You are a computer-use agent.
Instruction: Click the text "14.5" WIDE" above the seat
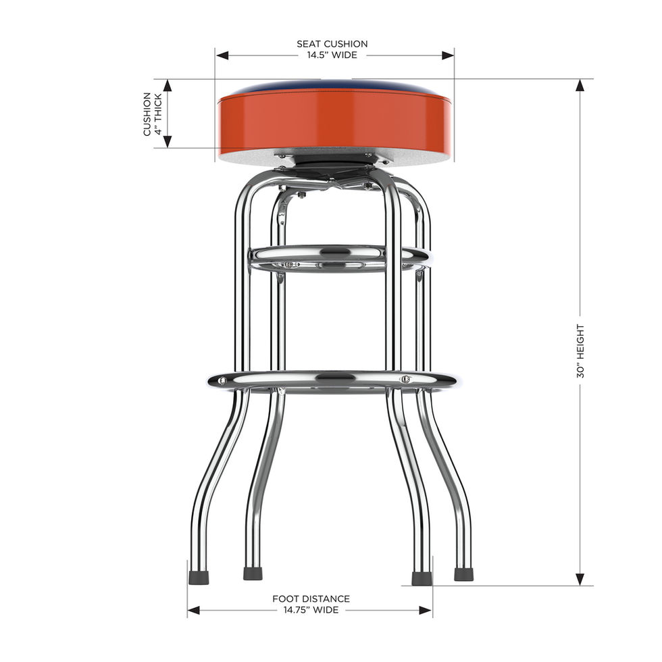332,55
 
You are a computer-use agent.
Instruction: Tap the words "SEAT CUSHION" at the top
332,44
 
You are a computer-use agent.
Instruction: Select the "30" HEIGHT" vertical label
580,351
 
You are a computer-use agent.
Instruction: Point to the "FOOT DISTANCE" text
311,599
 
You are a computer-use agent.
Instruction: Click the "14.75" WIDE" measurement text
311,609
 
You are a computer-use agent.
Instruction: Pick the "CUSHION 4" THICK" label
153,114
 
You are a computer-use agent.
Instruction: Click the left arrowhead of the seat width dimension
222,55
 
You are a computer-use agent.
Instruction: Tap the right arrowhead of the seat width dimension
447,55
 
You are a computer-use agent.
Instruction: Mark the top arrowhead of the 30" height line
580,86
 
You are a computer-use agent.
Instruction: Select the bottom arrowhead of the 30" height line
580,579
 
